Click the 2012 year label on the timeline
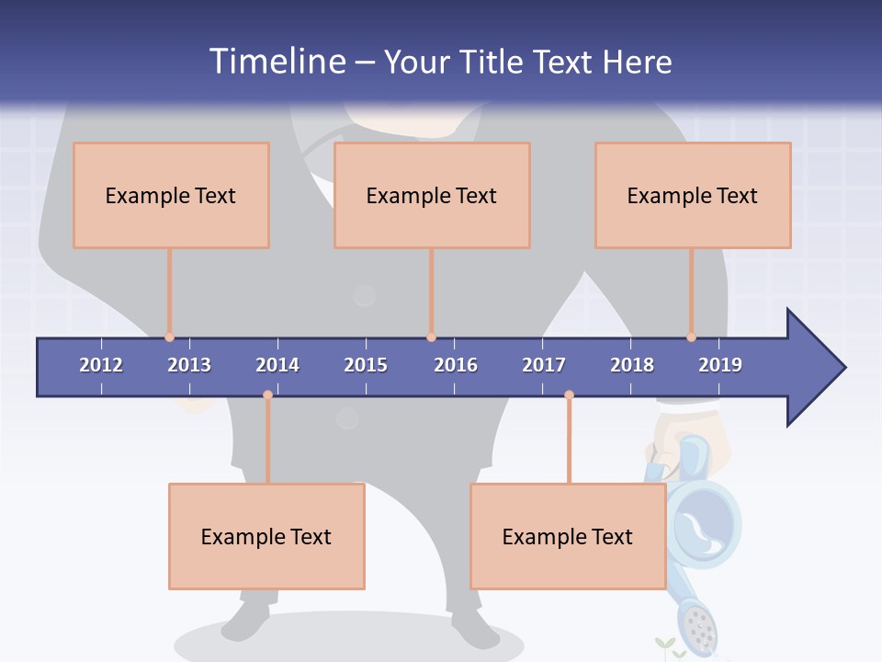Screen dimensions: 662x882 [101, 365]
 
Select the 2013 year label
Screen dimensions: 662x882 [189, 365]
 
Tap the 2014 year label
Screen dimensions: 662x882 [277, 365]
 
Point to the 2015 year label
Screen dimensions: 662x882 [366, 365]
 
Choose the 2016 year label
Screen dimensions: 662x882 [456, 365]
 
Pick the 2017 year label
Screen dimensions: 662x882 [544, 365]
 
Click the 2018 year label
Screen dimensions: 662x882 [632, 365]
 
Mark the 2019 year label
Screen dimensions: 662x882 [720, 365]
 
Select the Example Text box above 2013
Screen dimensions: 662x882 [171, 195]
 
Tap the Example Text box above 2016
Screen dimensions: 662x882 [432, 195]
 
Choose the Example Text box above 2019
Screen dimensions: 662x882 [693, 195]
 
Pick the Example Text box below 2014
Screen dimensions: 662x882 [266, 536]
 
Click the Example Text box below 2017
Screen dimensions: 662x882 [568, 536]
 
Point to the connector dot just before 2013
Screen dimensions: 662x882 [169, 337]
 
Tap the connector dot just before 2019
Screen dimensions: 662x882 [691, 337]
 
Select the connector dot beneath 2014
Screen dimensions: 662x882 [267, 395]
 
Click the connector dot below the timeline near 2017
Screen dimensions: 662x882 [569, 395]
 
